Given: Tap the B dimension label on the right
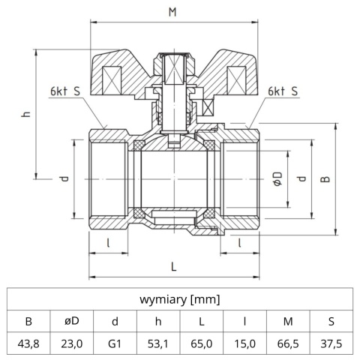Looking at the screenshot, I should pos(325,178).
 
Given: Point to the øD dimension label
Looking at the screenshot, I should pos(277,178).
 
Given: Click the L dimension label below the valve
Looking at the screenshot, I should pos(173,265).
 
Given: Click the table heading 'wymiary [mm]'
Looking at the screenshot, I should pos(180,299).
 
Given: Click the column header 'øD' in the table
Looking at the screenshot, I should pos(72,322).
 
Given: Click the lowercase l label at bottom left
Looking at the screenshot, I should pos(109,242).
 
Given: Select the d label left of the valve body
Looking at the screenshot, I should pos(65,178).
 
